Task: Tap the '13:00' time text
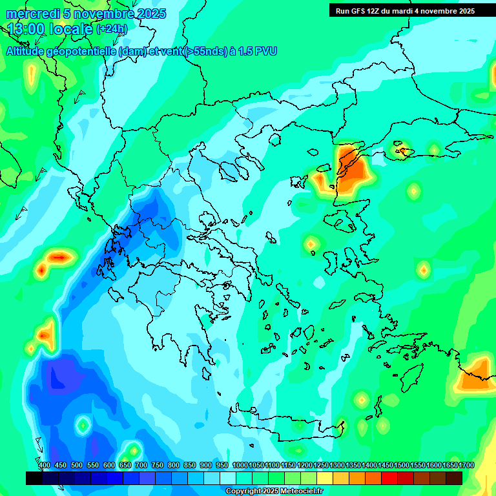[26, 28]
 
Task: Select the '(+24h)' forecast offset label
[112, 29]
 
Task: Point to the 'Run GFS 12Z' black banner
[405, 10]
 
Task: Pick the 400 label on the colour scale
[45, 466]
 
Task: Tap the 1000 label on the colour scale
[240, 466]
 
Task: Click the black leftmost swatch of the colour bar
[34, 478]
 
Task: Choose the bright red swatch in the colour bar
[389, 478]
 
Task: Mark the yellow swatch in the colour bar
[325, 478]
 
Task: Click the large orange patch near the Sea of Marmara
[352, 169]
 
